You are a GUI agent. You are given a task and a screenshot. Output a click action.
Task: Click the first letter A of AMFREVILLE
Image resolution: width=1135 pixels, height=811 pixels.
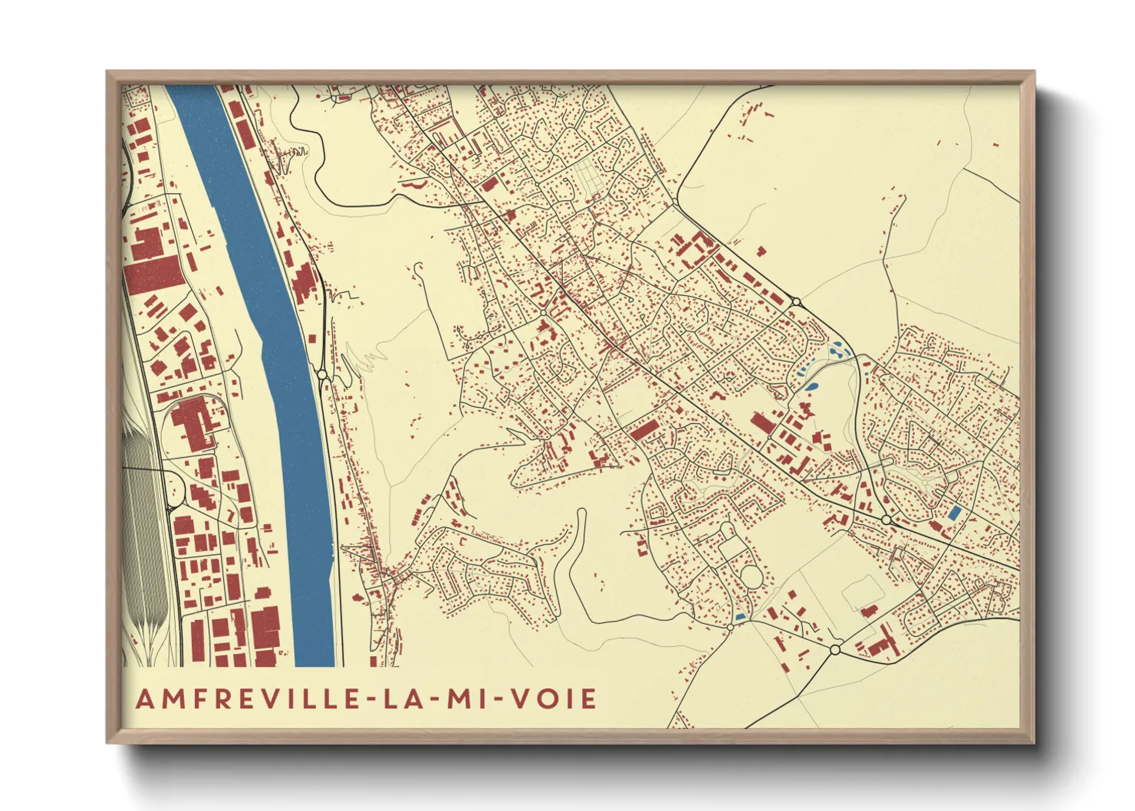(144, 699)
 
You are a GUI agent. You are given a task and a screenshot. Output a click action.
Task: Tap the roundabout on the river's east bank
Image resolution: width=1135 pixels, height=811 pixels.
(322, 374)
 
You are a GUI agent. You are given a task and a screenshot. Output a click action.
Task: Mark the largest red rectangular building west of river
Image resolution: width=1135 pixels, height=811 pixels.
(153, 274)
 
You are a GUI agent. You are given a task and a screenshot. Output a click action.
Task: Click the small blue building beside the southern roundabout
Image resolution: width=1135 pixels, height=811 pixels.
(740, 616)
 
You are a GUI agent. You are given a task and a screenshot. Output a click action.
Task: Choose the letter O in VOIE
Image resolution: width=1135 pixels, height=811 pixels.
(554, 699)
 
